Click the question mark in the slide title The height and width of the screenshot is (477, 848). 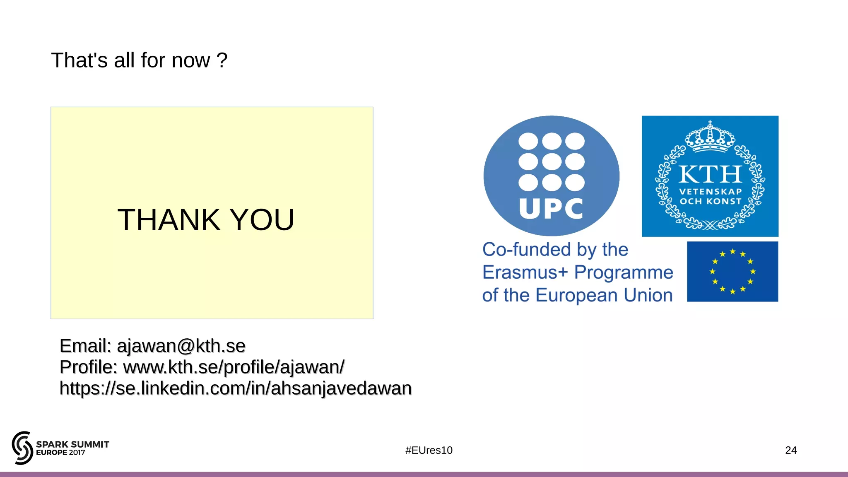coord(222,60)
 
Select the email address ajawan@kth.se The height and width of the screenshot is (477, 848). coord(181,346)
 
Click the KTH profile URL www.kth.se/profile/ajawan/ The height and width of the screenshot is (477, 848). coord(234,367)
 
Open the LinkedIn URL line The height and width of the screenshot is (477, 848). coord(235,388)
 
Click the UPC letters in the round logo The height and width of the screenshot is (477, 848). coord(551,209)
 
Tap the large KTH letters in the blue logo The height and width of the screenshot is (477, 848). coord(710,174)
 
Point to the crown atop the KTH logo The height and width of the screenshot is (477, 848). coord(710,137)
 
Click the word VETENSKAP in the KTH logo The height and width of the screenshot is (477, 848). coord(710,192)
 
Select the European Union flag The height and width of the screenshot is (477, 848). coord(732,272)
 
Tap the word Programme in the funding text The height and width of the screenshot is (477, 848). coord(624,272)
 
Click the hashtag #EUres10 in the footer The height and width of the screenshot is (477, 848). coord(429,450)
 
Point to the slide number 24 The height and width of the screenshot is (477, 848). coord(790,450)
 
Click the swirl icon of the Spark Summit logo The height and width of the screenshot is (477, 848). coord(22,448)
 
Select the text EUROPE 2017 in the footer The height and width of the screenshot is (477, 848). coord(60,453)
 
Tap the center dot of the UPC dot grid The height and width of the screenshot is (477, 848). coord(552,161)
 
